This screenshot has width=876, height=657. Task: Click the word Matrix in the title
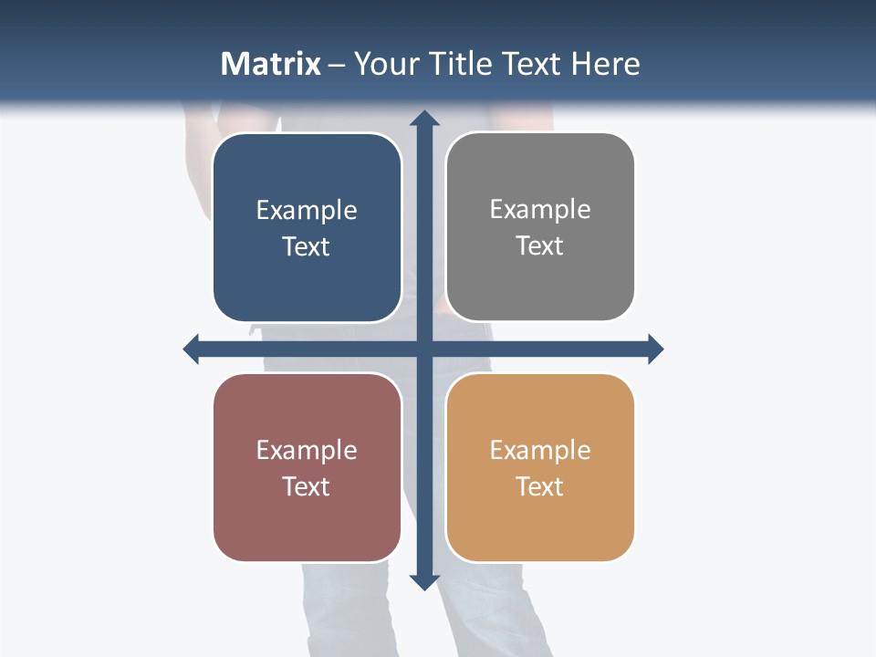pyautogui.click(x=271, y=64)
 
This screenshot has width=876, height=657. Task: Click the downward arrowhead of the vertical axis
pyautogui.click(x=423, y=581)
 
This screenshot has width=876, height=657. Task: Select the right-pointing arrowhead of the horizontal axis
pyautogui.click(x=655, y=349)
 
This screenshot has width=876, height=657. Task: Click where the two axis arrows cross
pyautogui.click(x=423, y=349)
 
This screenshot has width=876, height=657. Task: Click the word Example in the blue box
pyautogui.click(x=307, y=211)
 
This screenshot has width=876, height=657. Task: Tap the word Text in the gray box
pyautogui.click(x=540, y=246)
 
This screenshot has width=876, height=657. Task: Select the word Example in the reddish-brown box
pyautogui.click(x=307, y=451)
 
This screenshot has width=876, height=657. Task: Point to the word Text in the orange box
pyautogui.click(x=540, y=486)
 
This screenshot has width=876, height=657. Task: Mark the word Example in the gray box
pyautogui.click(x=540, y=210)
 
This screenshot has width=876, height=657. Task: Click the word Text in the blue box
pyautogui.click(x=307, y=247)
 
